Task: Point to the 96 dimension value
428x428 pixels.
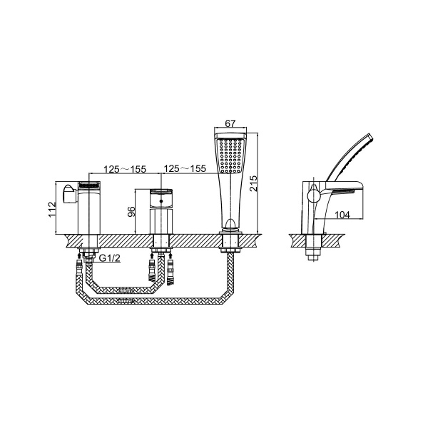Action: tap(131, 212)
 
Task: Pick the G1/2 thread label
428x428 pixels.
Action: tap(109, 258)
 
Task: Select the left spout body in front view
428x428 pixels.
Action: tap(87, 210)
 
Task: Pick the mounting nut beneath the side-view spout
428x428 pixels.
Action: tap(311, 252)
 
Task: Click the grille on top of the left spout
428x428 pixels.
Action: tap(88, 186)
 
